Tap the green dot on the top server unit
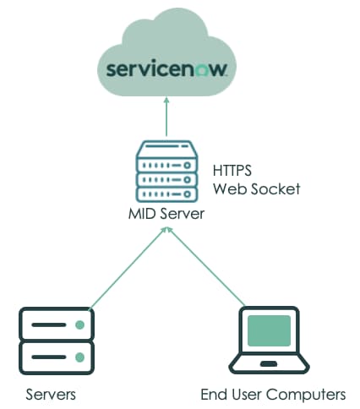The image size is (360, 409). [79, 324]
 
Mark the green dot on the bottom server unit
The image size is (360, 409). [79, 354]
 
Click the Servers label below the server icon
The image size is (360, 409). [51, 395]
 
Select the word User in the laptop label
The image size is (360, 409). [246, 395]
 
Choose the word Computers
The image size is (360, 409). [307, 395]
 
